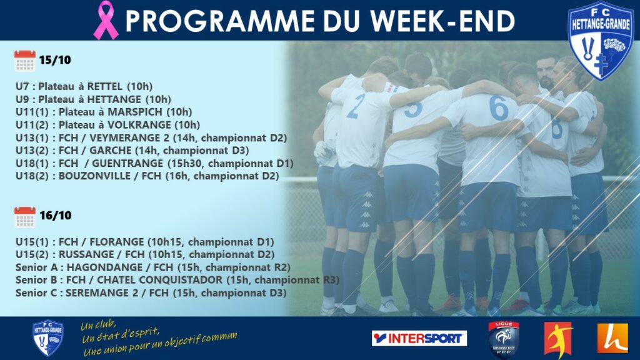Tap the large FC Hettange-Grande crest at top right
coord(601,41)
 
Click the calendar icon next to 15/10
coord(25,61)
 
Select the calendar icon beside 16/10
coord(25,217)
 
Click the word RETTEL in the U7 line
coord(105,86)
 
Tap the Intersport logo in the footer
coord(419,338)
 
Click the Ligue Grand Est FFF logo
coord(504,339)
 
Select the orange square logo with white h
coord(612,338)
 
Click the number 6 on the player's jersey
coord(499,108)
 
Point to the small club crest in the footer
coord(47,338)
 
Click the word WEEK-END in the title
coord(443,21)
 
